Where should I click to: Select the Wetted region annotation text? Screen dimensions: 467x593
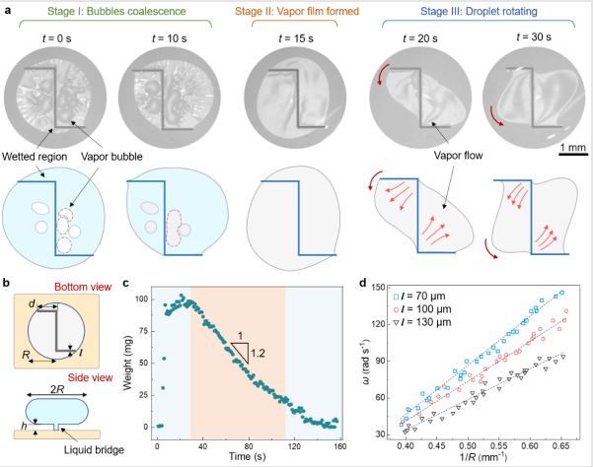coord(34,156)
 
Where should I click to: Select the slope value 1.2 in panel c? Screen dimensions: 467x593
coord(259,352)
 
